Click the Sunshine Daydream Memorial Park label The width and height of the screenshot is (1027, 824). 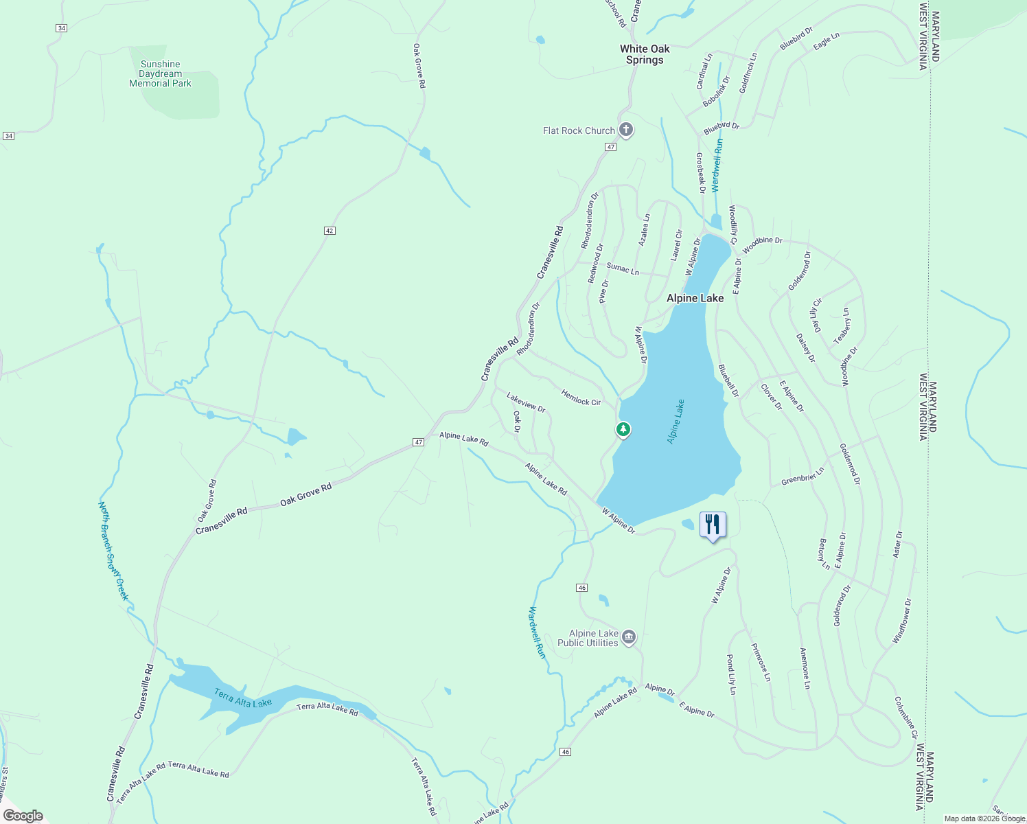161,73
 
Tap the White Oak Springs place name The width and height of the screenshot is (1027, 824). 645,54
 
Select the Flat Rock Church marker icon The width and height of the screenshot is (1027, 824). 625,130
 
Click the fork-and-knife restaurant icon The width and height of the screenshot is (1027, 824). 713,525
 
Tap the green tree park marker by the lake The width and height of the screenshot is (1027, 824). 623,430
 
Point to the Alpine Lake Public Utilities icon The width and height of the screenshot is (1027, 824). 629,638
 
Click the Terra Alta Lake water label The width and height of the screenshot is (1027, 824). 243,698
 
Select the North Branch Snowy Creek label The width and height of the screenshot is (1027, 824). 113,551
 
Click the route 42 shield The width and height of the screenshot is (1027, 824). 330,231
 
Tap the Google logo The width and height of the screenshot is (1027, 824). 23,816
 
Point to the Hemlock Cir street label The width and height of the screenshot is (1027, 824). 581,398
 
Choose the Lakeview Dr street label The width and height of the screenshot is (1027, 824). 526,402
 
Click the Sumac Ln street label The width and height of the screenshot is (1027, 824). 623,268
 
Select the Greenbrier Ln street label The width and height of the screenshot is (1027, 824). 803,477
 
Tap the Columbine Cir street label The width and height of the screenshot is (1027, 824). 905,718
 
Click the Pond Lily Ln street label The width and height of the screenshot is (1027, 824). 731,674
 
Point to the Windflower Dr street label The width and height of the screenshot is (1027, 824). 902,621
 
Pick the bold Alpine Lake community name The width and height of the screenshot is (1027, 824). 695,298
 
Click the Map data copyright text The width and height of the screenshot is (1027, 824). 984,819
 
